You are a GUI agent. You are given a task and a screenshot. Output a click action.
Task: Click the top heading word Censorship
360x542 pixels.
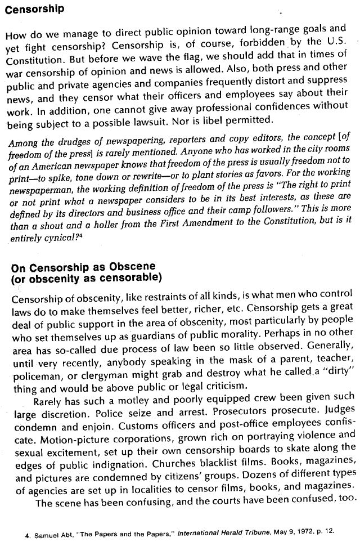pyautogui.click(x=34, y=9)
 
